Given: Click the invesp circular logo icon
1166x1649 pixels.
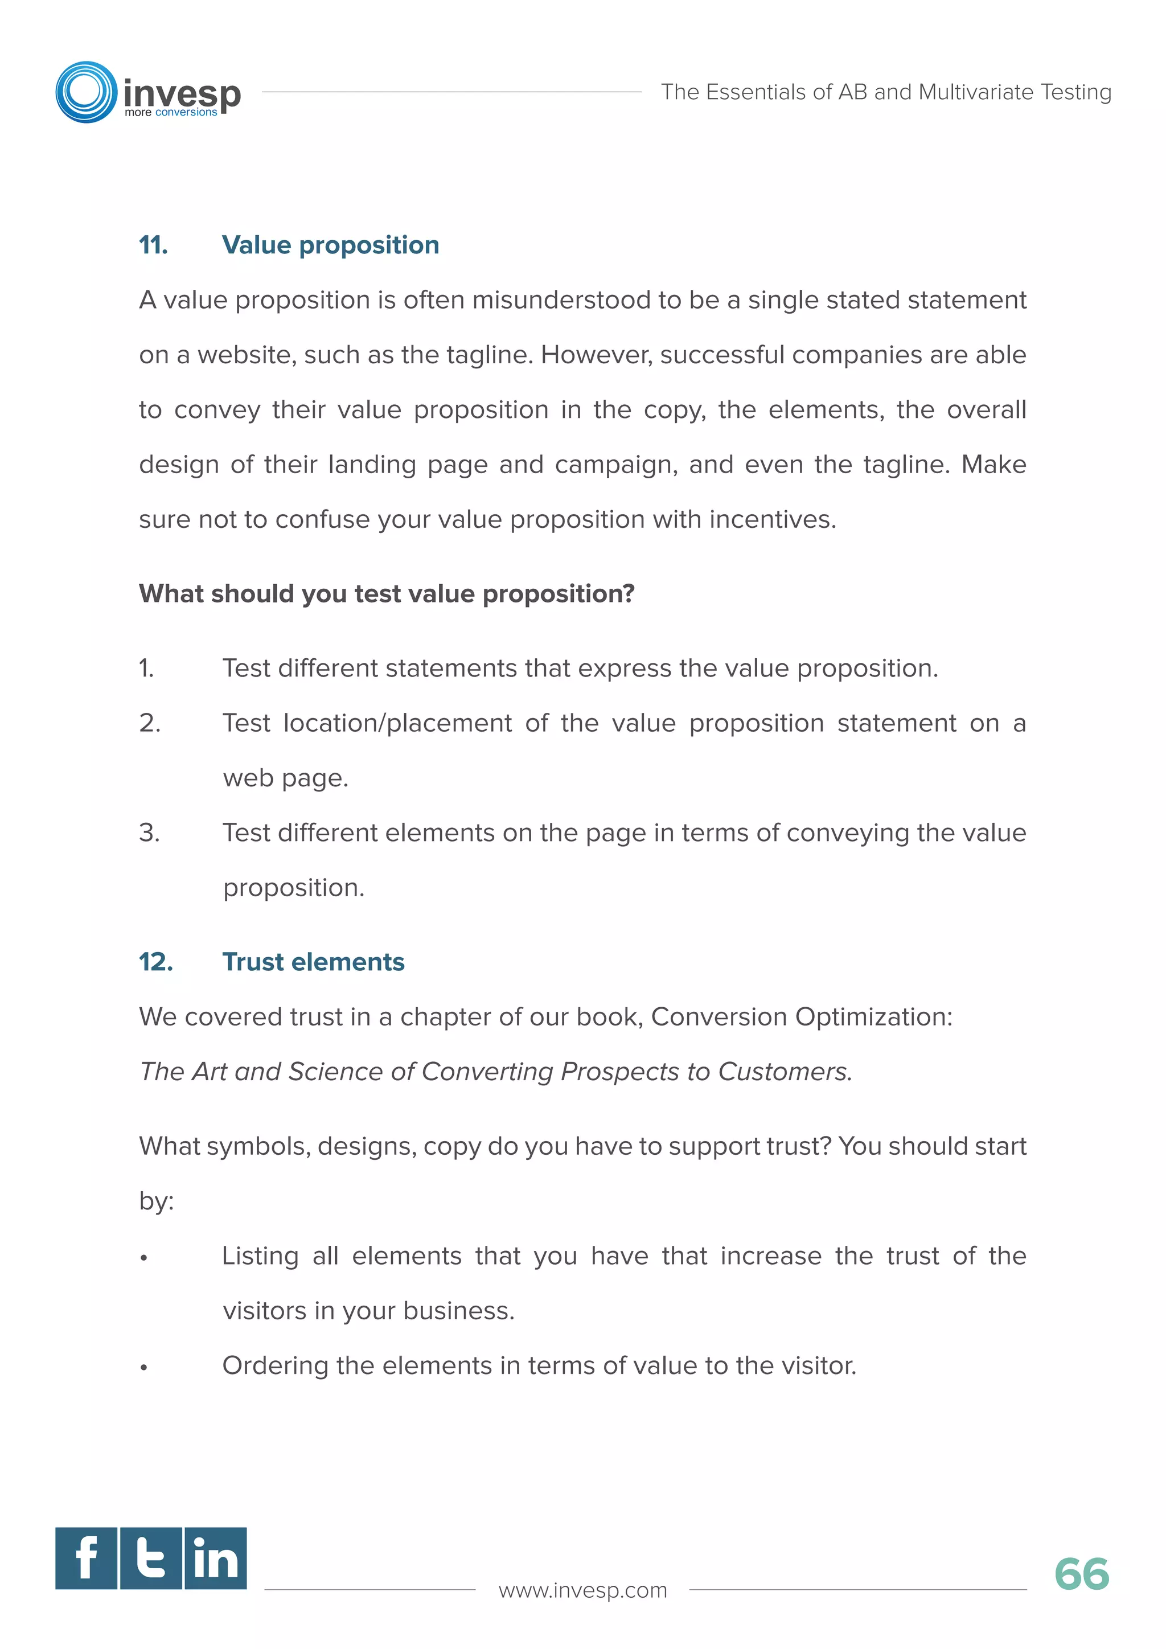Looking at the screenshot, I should click(86, 92).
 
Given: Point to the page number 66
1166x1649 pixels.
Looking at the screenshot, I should click(1081, 1574).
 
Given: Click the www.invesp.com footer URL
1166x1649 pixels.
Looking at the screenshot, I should click(582, 1590).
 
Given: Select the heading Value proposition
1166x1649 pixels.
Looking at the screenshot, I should click(330, 245).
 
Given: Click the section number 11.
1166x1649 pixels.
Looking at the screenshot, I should click(153, 245).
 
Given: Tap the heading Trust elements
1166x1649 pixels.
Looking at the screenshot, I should click(313, 962).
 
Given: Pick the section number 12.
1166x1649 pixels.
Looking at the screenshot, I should click(156, 962).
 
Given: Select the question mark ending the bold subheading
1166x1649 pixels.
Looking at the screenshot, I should click(629, 593).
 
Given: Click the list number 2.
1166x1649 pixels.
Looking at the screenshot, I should click(149, 723).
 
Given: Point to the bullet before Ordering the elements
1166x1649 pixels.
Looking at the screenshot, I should click(144, 1368).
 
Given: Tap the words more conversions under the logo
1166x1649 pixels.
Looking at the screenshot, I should click(170, 113).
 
